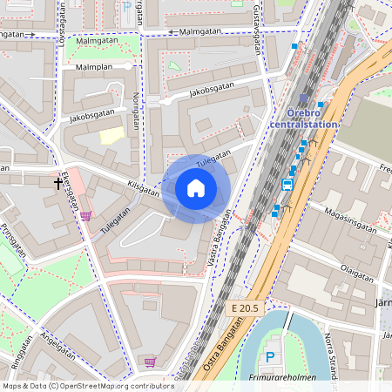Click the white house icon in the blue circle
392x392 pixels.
tap(196, 188)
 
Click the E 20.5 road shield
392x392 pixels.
tap(247, 309)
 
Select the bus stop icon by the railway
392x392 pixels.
tap(287, 184)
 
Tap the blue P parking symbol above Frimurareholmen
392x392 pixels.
tap(270, 356)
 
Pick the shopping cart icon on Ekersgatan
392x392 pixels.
tap(85, 216)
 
